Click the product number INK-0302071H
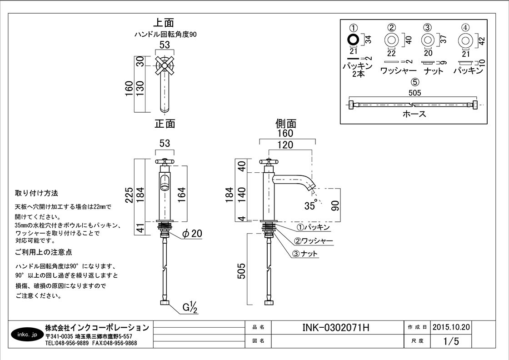coord(336,327)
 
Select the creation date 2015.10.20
coord(451,327)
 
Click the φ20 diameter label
coord(192,234)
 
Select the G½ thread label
coord(190,308)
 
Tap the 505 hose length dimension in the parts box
coord(414,93)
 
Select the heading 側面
coord(285,123)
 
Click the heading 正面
coord(165,123)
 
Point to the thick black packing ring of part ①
coord(353,40)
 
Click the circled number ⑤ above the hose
coord(414,82)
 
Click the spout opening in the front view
coord(165,185)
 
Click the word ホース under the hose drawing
coord(414,114)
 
